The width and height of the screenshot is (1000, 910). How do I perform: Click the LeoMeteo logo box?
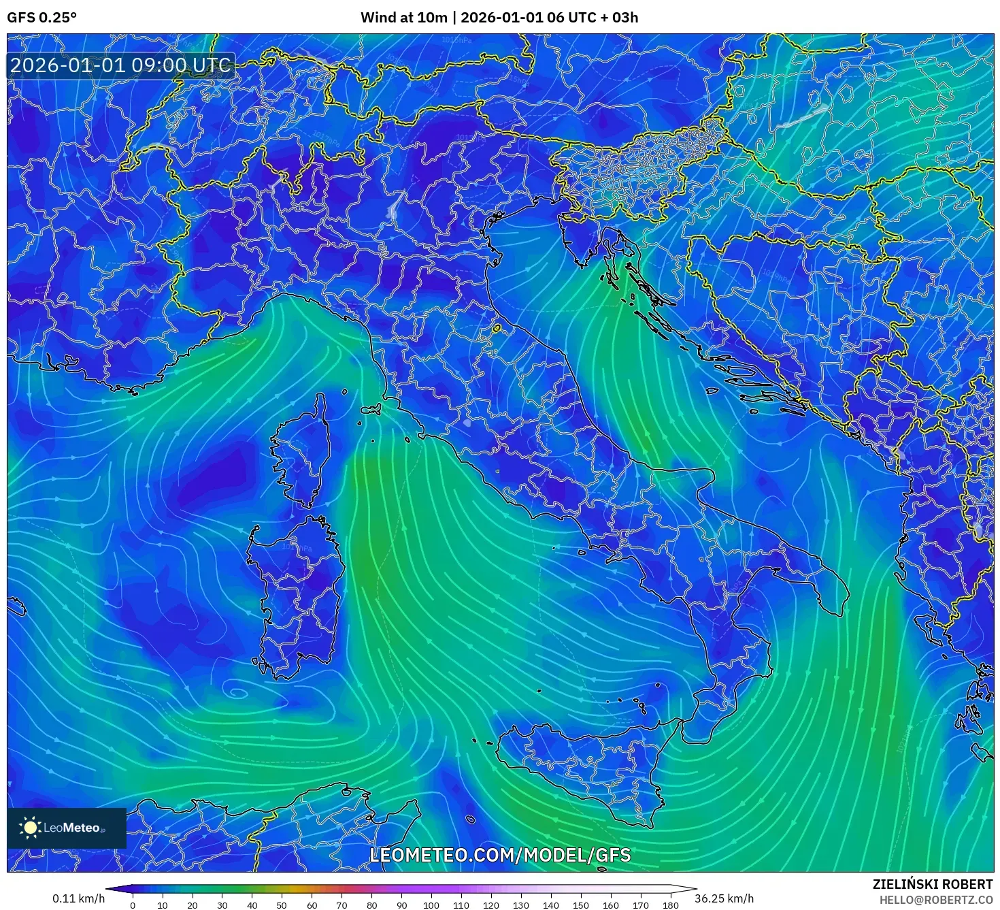(67, 828)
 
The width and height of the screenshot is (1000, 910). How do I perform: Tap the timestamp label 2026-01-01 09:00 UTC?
(120, 65)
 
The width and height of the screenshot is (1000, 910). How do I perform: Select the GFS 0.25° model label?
(41, 18)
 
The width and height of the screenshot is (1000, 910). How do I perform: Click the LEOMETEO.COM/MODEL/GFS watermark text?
(500, 855)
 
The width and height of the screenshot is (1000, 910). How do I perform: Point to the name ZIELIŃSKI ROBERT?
(932, 884)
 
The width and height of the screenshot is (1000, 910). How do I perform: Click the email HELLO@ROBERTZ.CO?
(935, 900)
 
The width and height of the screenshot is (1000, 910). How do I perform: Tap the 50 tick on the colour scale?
(282, 905)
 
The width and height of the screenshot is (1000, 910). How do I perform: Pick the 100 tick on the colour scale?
(431, 905)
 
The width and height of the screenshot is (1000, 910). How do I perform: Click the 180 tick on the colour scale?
(671, 905)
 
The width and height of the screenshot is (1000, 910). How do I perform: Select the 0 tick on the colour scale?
(133, 905)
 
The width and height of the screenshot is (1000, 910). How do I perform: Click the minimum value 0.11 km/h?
(78, 898)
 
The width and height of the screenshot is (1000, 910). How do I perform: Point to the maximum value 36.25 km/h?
(724, 898)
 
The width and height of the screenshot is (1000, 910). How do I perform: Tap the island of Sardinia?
(296, 592)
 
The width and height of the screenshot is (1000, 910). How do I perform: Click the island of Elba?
(371, 410)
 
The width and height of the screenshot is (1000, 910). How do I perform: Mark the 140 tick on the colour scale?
(551, 905)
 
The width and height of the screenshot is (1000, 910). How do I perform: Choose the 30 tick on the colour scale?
(222, 905)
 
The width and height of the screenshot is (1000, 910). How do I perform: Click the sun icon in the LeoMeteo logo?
(30, 828)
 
